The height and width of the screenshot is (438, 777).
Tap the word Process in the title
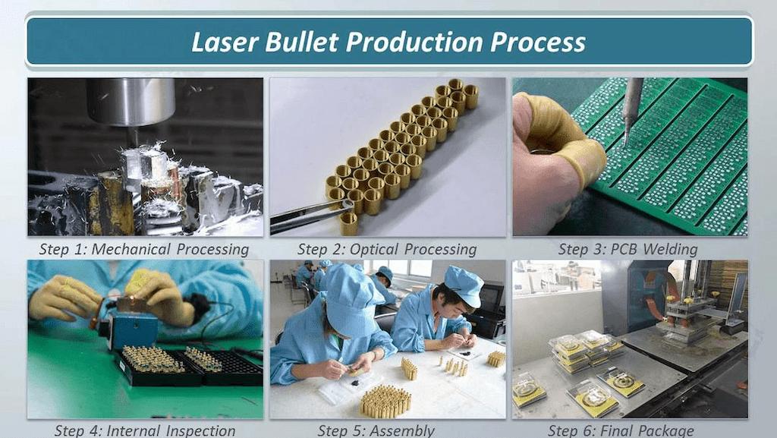pos(538,41)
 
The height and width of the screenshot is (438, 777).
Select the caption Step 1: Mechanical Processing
pos(144,249)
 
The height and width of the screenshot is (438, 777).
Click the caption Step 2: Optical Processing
pos(387,249)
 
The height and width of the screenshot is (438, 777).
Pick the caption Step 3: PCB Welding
pos(628,249)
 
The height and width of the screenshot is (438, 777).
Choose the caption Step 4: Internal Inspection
pos(144,430)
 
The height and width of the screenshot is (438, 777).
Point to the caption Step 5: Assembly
pos(376,430)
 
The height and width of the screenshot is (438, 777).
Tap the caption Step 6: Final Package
pos(621,430)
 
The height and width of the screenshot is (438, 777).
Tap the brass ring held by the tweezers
pos(348,222)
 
